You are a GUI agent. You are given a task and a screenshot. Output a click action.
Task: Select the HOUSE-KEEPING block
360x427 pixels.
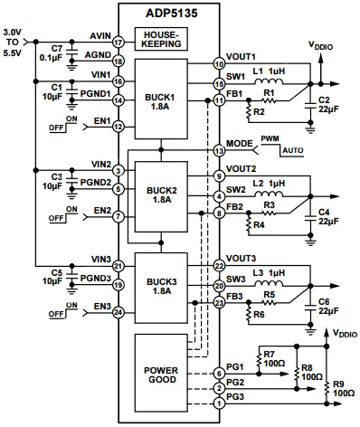[160, 41]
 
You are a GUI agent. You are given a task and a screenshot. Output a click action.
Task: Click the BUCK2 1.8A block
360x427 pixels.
[160, 193]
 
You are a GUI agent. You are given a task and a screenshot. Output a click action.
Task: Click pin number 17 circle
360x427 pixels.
[118, 42]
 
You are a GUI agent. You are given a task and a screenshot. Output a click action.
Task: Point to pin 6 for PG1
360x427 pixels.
[218, 374]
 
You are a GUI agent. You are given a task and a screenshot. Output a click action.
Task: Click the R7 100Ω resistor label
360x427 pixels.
[270, 359]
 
